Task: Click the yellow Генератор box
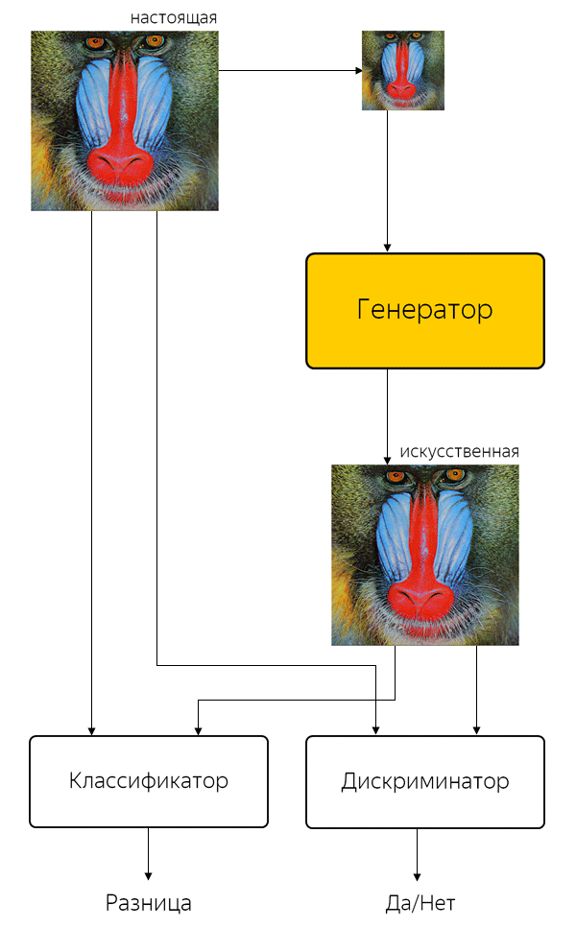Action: point(424,310)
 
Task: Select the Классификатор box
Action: point(149,781)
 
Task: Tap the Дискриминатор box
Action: point(424,782)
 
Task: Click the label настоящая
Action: point(173,18)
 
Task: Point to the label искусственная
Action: point(459,452)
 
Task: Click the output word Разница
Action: point(148,903)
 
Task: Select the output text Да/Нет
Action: point(420,903)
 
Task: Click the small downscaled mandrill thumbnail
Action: point(403,70)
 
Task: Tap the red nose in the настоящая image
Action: point(120,163)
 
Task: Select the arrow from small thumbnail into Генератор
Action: point(387,181)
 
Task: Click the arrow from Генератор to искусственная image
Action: point(387,416)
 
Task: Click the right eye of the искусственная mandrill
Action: point(451,476)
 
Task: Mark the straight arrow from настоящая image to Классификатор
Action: point(92,473)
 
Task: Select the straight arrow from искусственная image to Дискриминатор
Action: point(476,690)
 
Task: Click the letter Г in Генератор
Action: point(363,309)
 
